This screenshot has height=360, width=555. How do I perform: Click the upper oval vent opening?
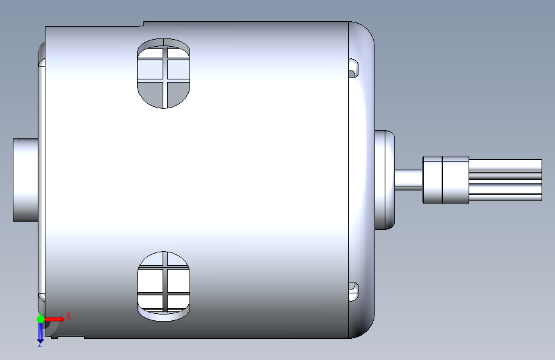point(163,74)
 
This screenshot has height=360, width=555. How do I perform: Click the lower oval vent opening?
point(163,286)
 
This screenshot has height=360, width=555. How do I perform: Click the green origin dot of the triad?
point(40,319)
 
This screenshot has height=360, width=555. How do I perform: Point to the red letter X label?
point(68,316)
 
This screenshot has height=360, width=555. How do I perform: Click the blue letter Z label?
point(40,345)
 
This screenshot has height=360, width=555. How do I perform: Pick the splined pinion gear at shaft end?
point(506,180)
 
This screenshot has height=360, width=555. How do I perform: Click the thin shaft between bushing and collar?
point(408,179)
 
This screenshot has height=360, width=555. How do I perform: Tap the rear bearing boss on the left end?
point(26,179)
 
